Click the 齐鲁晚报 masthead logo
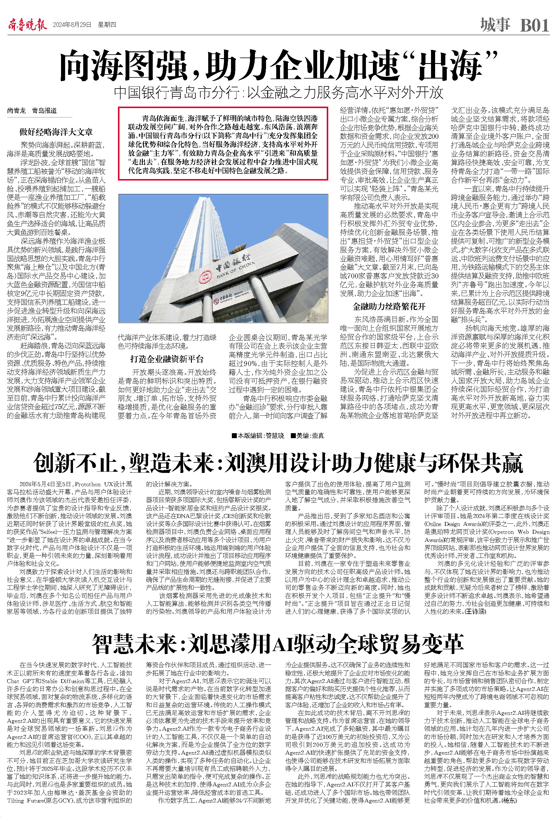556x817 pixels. (27, 25)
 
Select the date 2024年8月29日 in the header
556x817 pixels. (72, 25)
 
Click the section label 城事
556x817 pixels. (495, 25)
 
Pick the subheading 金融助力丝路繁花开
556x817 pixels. (389, 306)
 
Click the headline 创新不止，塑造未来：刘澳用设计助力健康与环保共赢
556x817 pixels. (278, 463)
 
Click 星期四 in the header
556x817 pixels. (107, 25)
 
